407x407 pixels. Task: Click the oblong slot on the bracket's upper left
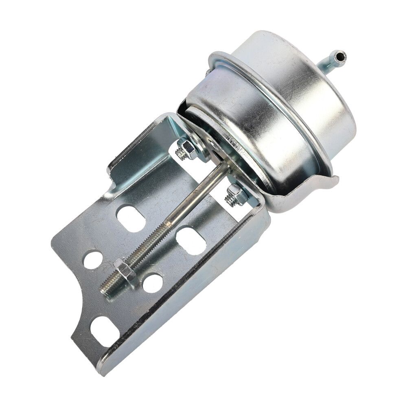click(131, 218)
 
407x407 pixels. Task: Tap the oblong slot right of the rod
click(191, 241)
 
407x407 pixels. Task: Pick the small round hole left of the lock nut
click(93, 259)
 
